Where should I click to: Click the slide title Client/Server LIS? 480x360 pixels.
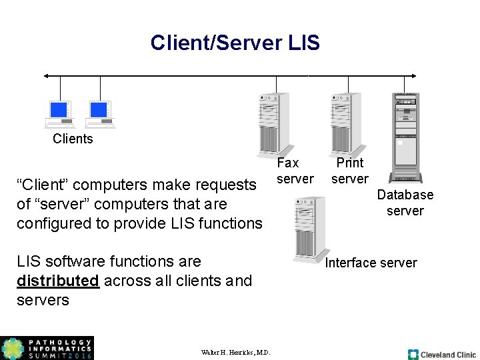pyautogui.click(x=235, y=43)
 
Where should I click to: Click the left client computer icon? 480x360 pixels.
pyautogui.click(x=59, y=113)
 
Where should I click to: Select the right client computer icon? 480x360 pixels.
pyautogui.click(x=99, y=113)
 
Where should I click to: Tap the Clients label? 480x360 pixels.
pyautogui.click(x=73, y=139)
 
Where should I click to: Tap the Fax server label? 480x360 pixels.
pyautogui.click(x=295, y=171)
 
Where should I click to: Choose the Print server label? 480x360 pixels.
pyautogui.click(x=350, y=171)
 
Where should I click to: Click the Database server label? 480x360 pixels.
pyautogui.click(x=405, y=203)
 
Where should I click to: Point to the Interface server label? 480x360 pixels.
pyautogui.click(x=371, y=263)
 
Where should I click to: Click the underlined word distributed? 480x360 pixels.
pyautogui.click(x=57, y=281)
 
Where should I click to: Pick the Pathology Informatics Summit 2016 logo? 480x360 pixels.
pyautogui.click(x=47, y=348)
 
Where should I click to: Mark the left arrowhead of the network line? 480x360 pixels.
pyautogui.click(x=46, y=76)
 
